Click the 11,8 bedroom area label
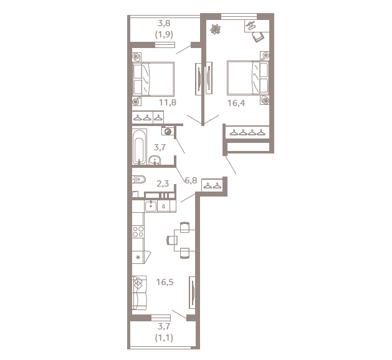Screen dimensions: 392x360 (168, 102)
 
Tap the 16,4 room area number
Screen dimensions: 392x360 (236, 103)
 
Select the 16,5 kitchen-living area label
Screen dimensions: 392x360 (165, 282)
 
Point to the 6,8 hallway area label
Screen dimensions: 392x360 (191, 180)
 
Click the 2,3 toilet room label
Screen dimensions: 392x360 (163, 183)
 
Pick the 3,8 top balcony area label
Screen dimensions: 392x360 (164, 23)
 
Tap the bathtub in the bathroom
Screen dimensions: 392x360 (139, 147)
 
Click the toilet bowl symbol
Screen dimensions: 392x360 (138, 180)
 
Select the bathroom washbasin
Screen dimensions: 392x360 (155, 160)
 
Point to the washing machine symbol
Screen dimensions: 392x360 (168, 131)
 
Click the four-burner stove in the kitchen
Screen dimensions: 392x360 (138, 231)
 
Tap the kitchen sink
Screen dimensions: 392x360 (151, 207)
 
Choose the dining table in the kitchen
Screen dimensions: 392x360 (184, 240)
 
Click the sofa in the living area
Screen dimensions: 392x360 (139, 293)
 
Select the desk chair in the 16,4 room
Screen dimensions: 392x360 (258, 37)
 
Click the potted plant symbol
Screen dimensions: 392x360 (215, 29)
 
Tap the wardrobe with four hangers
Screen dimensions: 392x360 (247, 132)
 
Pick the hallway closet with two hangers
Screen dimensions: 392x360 (212, 185)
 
